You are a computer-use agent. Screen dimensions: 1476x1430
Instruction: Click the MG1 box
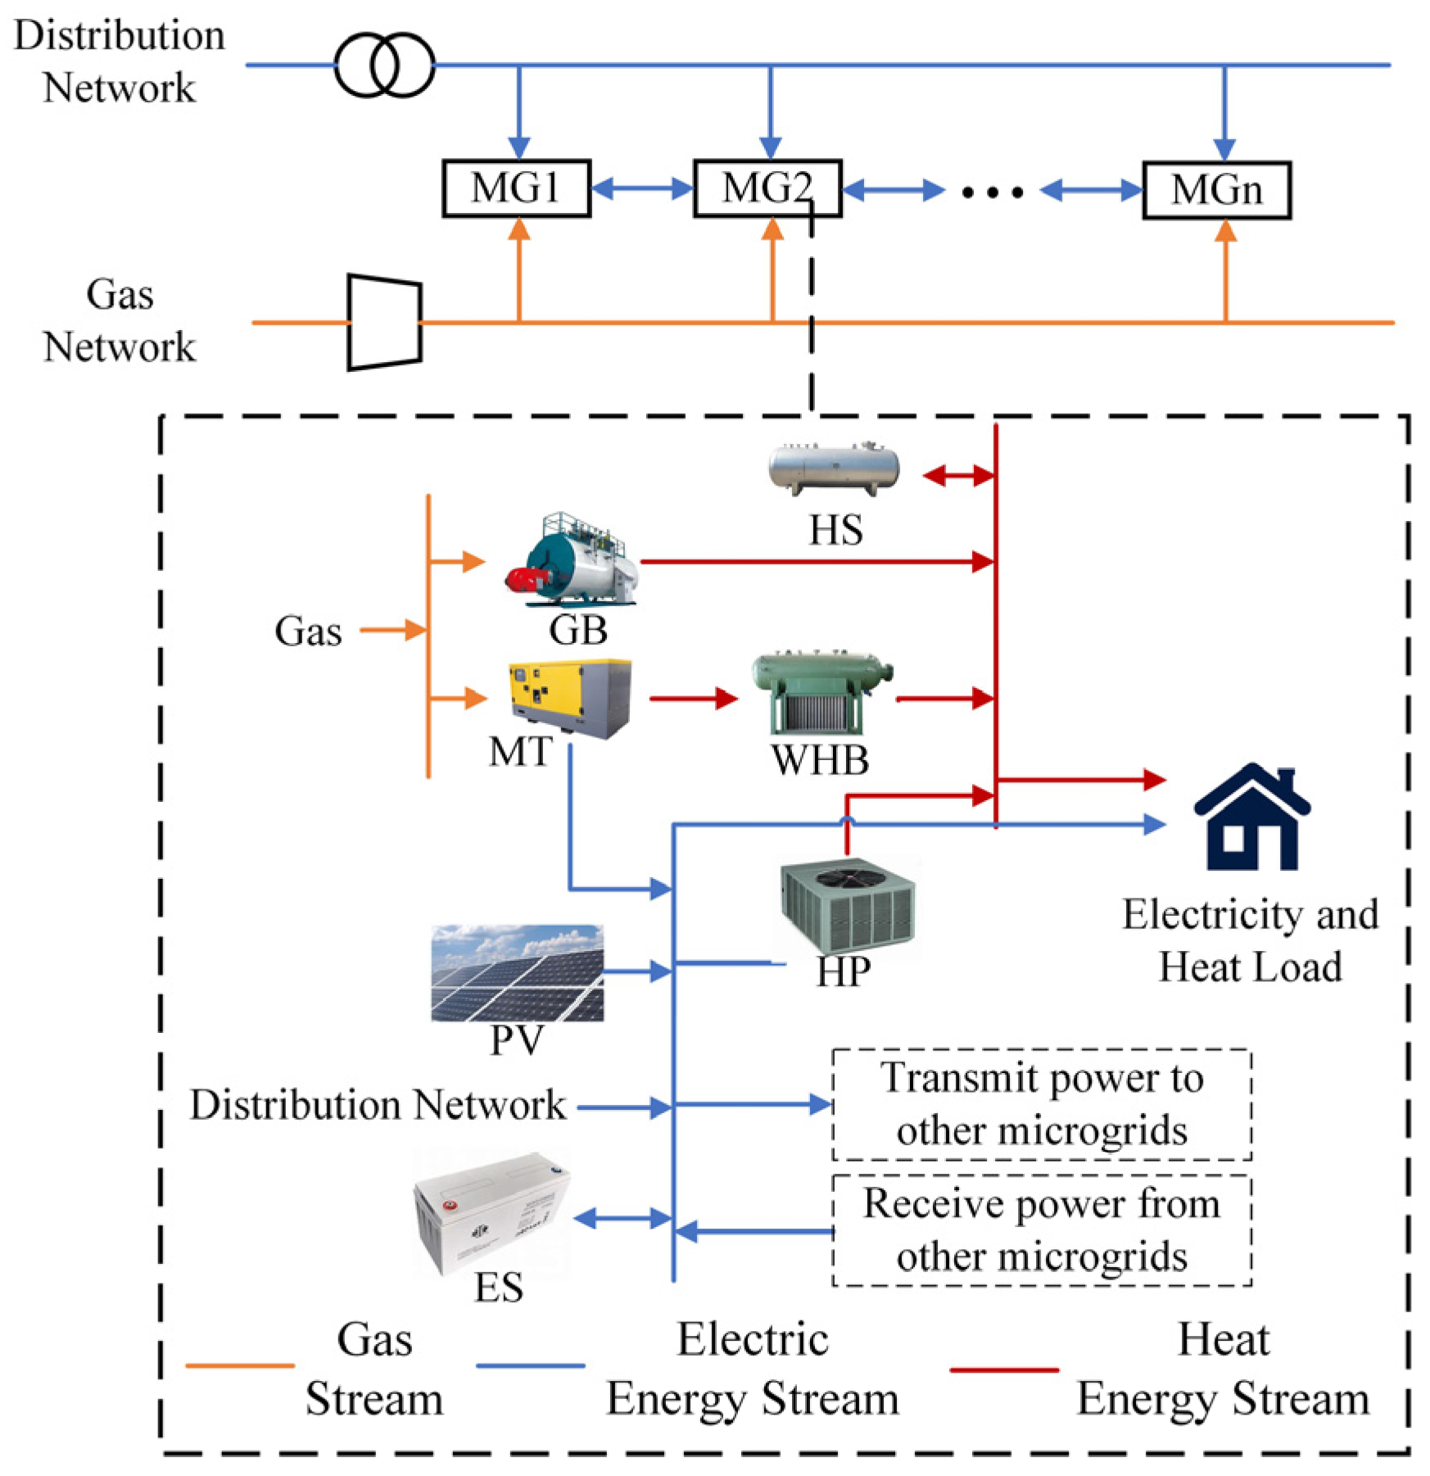pos(516,188)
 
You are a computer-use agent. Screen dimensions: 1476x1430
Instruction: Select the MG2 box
pos(767,188)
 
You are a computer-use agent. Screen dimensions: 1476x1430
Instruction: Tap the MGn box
pos(1216,190)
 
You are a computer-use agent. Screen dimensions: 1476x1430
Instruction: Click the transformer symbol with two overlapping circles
pos(384,65)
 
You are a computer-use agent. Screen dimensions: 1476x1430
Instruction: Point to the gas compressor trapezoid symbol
pos(384,322)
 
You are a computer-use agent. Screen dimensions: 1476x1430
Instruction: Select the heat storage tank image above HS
pos(834,469)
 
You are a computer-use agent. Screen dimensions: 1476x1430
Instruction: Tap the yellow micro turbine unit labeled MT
pos(570,698)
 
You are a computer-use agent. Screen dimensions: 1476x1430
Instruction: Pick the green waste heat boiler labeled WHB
pos(821,693)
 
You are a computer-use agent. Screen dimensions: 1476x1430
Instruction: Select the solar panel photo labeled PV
pos(517,973)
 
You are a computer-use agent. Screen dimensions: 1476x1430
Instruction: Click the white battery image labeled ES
pos(491,1213)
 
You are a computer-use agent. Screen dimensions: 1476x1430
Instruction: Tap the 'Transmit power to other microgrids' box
pos(1041,1104)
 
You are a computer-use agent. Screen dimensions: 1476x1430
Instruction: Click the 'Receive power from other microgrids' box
pos(1041,1230)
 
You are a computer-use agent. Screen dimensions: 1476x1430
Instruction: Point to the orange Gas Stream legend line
pos(239,1365)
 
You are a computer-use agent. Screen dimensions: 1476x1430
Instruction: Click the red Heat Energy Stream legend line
pos(1004,1369)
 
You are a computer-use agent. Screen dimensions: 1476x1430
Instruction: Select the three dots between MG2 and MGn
pos(992,192)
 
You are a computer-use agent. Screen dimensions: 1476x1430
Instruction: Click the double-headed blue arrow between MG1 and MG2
pos(641,189)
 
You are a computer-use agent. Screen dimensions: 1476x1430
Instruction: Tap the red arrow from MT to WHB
pos(693,699)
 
